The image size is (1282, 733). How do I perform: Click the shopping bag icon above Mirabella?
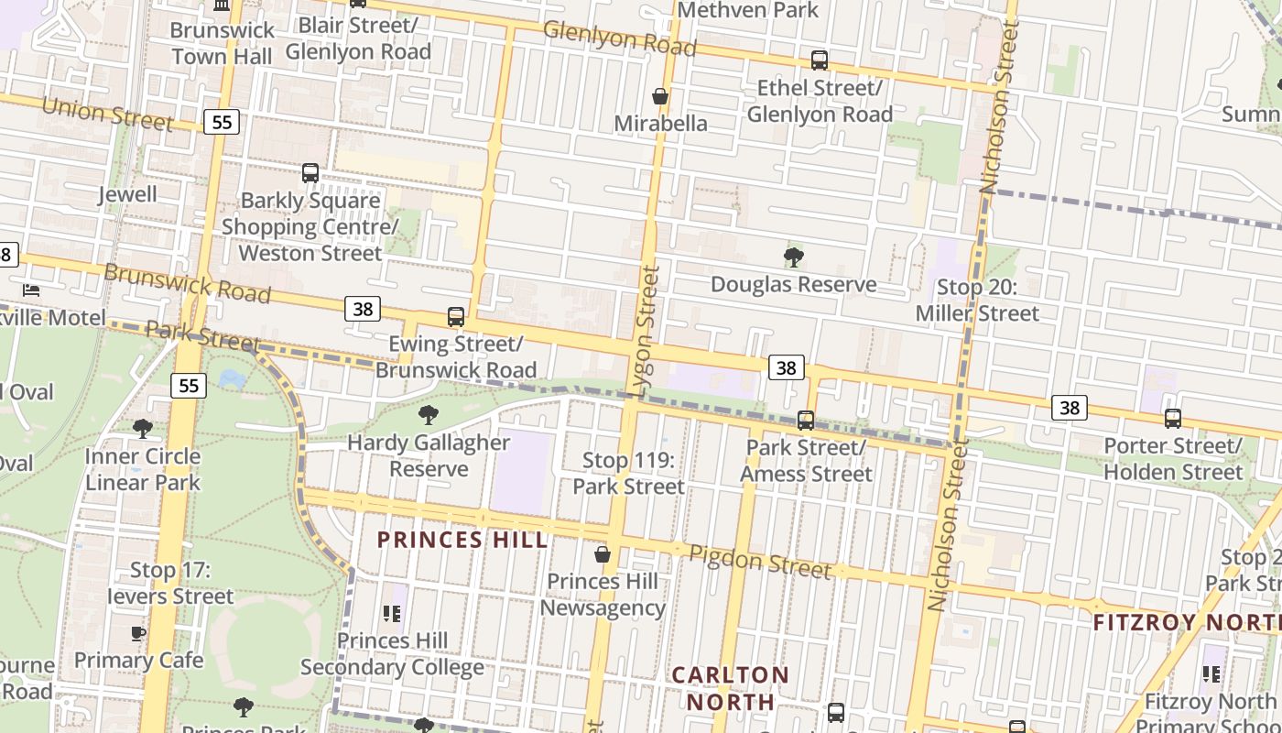[x=659, y=96]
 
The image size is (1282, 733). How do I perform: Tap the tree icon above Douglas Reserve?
[x=794, y=257]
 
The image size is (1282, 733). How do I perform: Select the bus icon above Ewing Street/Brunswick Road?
[x=456, y=317]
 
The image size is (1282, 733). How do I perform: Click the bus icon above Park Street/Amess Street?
[x=806, y=421]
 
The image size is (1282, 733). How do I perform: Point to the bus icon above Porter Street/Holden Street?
[x=1173, y=419]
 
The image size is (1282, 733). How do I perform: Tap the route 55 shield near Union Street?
[x=221, y=122]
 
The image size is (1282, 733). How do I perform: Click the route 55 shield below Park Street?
[x=188, y=386]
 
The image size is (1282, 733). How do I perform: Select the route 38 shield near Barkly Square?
[x=363, y=309]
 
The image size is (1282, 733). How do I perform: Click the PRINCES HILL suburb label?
[x=462, y=540]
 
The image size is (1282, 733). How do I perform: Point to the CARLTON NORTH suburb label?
[x=731, y=688]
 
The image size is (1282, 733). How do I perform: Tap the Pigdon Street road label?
[x=759, y=561]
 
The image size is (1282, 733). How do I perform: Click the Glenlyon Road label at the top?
[x=619, y=37]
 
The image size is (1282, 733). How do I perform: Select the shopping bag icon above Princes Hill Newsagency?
[x=603, y=554]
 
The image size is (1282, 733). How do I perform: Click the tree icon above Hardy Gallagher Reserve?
[x=428, y=415]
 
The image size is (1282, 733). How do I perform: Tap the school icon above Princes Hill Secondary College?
[x=392, y=613]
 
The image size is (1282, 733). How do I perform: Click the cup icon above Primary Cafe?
[x=138, y=633]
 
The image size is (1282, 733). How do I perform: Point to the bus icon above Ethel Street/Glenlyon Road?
[x=820, y=60]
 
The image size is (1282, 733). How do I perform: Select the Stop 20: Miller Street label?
[x=977, y=301]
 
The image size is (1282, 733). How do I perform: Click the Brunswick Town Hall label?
[x=222, y=42]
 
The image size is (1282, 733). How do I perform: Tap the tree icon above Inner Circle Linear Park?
[x=142, y=428]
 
